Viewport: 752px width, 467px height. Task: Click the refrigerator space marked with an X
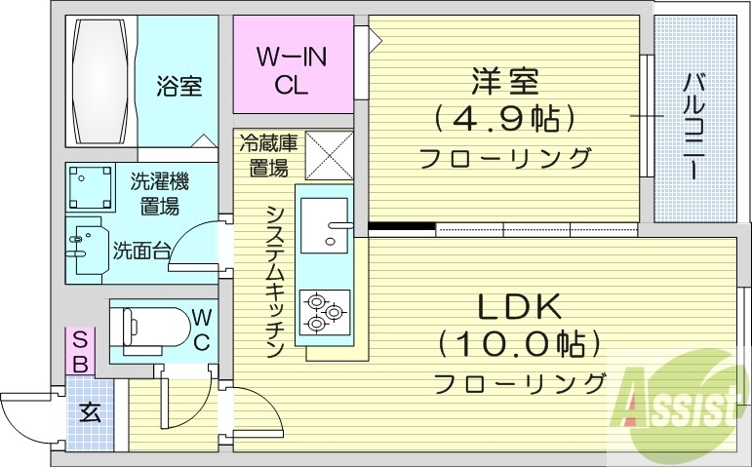[x=330, y=155]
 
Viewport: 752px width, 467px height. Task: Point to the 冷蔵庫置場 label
[x=268, y=154]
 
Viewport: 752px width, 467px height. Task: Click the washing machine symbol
[x=91, y=187]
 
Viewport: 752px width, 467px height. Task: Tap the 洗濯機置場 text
[x=159, y=192]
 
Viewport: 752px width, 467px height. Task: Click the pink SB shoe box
[x=81, y=350]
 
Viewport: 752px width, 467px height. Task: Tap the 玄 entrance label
[x=90, y=411]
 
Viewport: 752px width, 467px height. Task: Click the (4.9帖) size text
[x=502, y=119]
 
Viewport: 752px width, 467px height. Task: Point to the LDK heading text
[x=519, y=307]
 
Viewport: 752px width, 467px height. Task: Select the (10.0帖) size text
[x=518, y=344]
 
